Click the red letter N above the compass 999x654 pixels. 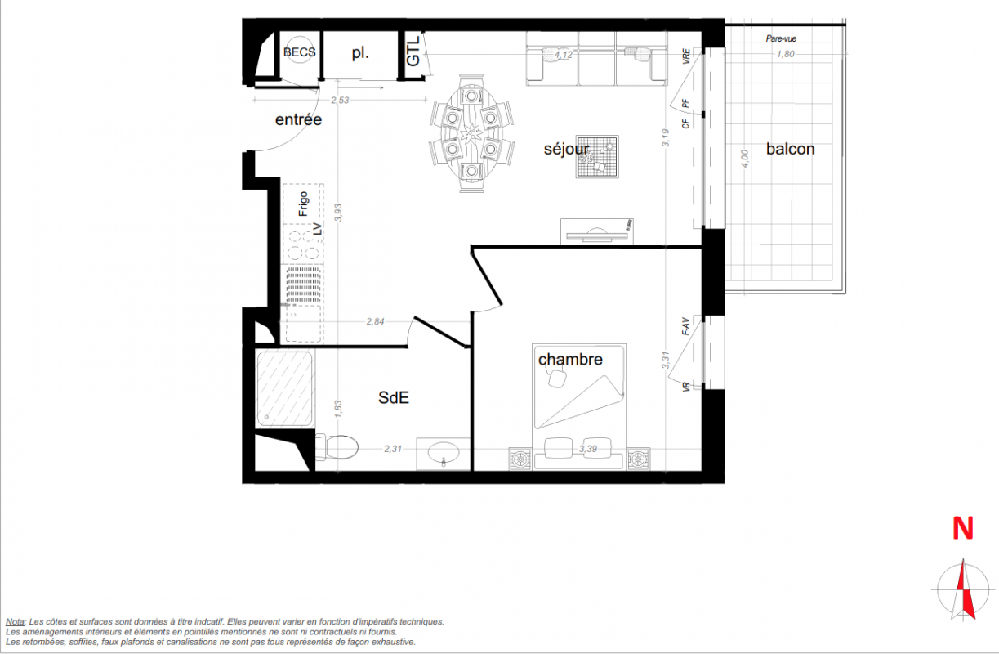pyautogui.click(x=962, y=529)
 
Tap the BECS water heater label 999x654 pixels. pyautogui.click(x=299, y=52)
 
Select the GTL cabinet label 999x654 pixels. pyautogui.click(x=413, y=51)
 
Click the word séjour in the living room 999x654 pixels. pyautogui.click(x=566, y=149)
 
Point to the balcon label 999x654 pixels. pyautogui.click(x=790, y=149)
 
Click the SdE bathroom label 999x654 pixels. pyautogui.click(x=394, y=397)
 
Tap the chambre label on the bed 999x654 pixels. pyautogui.click(x=570, y=359)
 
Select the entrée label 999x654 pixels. pyautogui.click(x=298, y=119)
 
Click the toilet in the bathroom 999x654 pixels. pyautogui.click(x=337, y=447)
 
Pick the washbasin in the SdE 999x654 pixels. pyautogui.click(x=443, y=454)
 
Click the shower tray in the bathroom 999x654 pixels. pyautogui.click(x=284, y=389)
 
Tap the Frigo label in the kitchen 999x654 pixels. pyautogui.click(x=303, y=204)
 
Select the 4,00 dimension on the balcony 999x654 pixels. pyautogui.click(x=744, y=159)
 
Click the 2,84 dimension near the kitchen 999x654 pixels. pyautogui.click(x=375, y=321)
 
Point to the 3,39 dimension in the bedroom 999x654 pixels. pyautogui.click(x=588, y=449)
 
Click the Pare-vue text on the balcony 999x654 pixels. pyautogui.click(x=781, y=39)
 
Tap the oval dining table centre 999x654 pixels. pyautogui.click(x=471, y=133)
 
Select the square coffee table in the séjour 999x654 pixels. pyautogui.click(x=597, y=157)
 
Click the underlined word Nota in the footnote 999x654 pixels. pyautogui.click(x=16, y=622)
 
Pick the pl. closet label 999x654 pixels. pyautogui.click(x=360, y=53)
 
